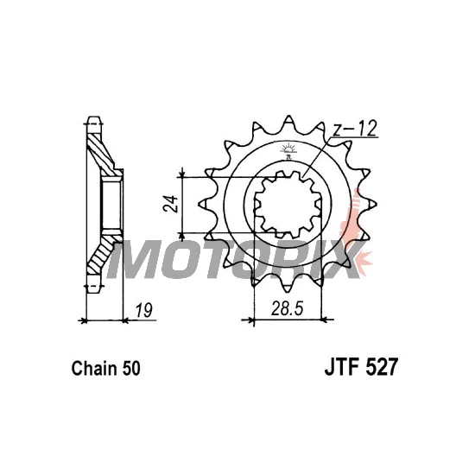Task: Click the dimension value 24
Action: point(170,204)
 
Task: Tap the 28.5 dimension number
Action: point(287,308)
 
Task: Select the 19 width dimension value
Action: point(143,310)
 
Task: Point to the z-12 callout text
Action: point(354,129)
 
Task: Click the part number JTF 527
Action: point(360,368)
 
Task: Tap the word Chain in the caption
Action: point(94,368)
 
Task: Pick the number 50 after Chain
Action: point(131,369)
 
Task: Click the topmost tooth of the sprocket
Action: point(288,121)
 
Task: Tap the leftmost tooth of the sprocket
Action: point(204,204)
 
